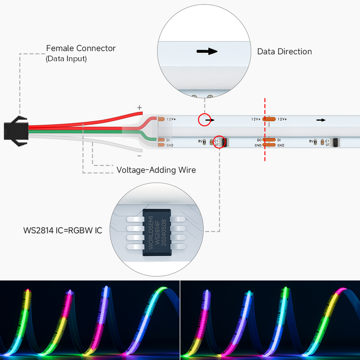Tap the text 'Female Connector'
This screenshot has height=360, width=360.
click(81, 48)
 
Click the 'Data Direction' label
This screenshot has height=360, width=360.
click(284, 52)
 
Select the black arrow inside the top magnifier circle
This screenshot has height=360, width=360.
click(206, 52)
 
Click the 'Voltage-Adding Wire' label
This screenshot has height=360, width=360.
click(156, 170)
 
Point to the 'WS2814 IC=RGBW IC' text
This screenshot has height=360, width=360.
click(63, 230)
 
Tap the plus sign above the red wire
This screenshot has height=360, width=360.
click(140, 107)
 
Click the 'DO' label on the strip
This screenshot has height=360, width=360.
click(259, 140)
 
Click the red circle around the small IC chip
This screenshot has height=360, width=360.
click(220, 142)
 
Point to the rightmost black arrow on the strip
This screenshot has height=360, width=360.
click(321, 119)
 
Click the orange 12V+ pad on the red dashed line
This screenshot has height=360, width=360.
click(269, 119)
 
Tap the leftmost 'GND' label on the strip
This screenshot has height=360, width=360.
click(170, 145)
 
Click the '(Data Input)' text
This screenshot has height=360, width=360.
click(66, 59)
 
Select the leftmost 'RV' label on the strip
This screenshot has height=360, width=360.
click(200, 141)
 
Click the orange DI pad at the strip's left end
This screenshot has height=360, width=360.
click(161, 140)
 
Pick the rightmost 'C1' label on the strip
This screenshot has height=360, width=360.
click(327, 141)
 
